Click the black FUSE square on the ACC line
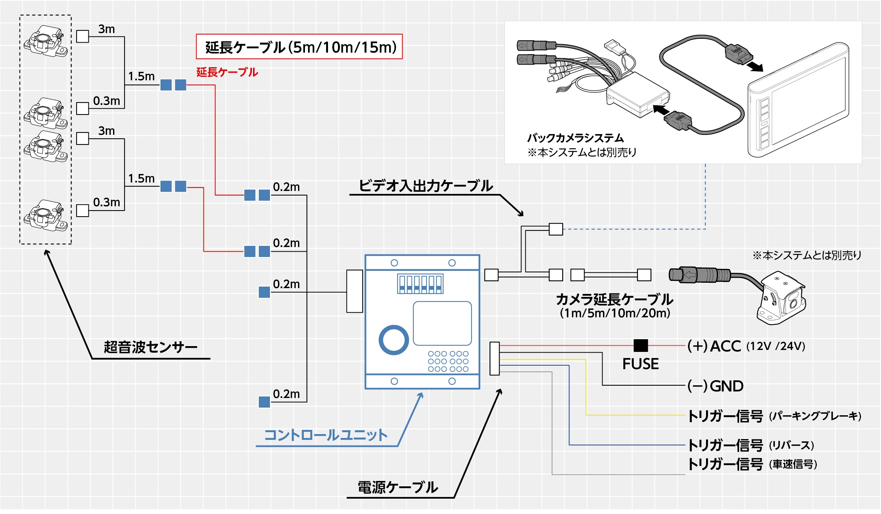tap(641, 345)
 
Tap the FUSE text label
tap(640, 364)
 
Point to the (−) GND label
tap(715, 386)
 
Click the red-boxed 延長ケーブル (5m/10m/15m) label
tap(299, 47)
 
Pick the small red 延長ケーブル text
tap(227, 72)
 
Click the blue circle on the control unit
tap(393, 340)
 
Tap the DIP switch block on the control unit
tap(420, 284)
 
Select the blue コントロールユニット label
tap(326, 435)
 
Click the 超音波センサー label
tap(150, 347)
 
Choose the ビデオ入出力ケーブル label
tap(426, 186)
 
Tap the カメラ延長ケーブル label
tap(614, 300)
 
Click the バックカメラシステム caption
tap(575, 138)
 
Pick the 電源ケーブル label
tap(398, 487)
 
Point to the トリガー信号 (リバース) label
tap(750, 445)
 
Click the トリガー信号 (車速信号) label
tap(752, 464)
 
